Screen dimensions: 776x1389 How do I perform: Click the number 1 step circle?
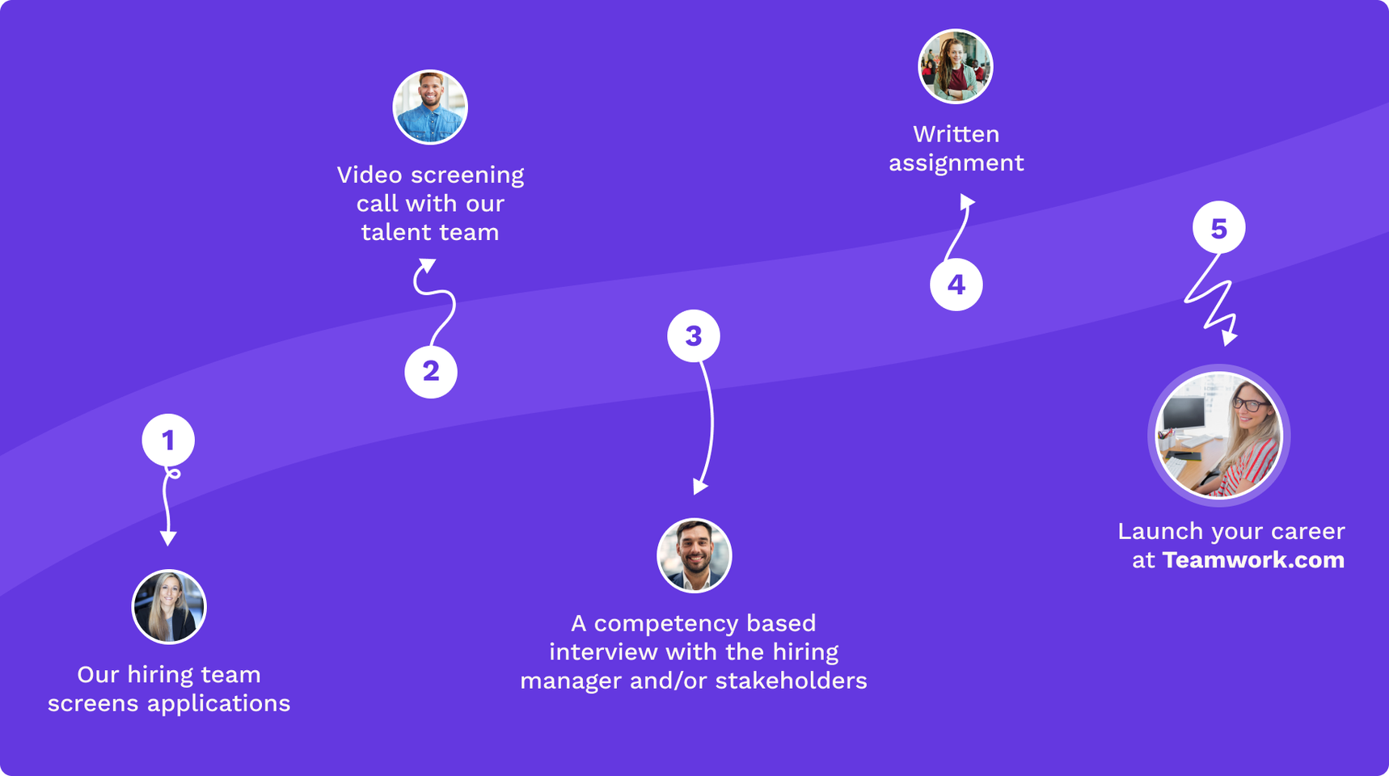click(x=168, y=441)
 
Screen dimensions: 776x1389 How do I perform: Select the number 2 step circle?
click(x=431, y=372)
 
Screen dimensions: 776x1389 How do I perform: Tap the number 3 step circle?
click(x=694, y=336)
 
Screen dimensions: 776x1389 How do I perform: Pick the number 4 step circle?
click(x=956, y=285)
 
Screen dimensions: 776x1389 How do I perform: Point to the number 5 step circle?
click(x=1219, y=228)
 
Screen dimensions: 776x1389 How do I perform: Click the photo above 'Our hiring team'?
click(x=169, y=607)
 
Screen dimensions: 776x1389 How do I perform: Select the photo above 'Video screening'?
click(x=430, y=108)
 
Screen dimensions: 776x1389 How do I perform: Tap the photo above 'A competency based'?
click(x=694, y=556)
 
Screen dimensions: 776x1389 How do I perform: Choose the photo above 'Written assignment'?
click(x=956, y=67)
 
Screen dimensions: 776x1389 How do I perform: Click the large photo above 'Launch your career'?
click(x=1219, y=436)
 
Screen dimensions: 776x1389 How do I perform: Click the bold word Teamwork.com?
click(x=1253, y=560)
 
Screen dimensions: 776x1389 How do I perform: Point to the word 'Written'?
click(x=956, y=134)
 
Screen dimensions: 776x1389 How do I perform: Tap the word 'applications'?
click(x=218, y=703)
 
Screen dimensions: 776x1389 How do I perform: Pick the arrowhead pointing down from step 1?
click(x=168, y=538)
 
